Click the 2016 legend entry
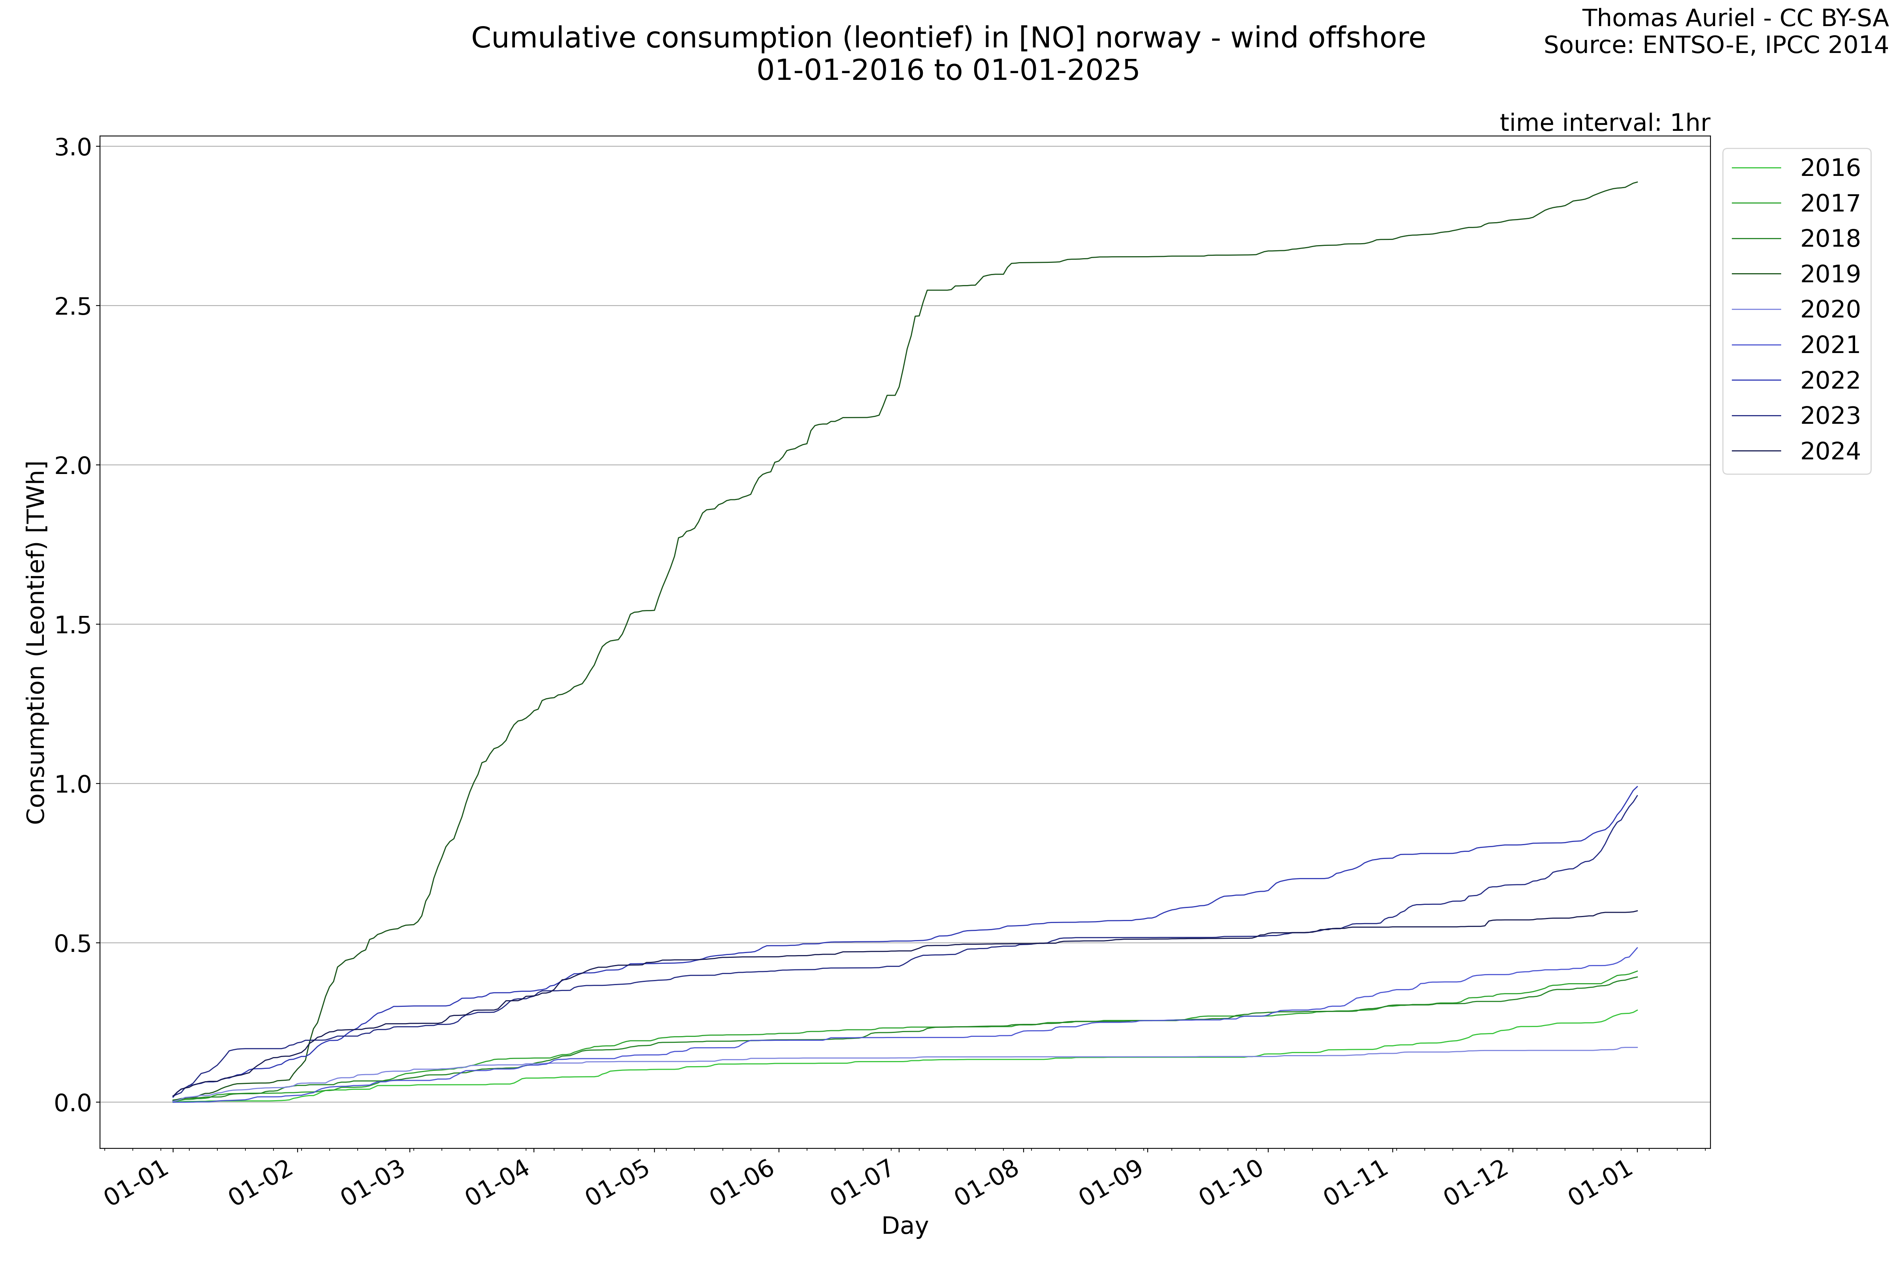1829,168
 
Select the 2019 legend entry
1829,274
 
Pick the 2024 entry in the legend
1829,451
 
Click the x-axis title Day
904,1225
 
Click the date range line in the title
948,70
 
